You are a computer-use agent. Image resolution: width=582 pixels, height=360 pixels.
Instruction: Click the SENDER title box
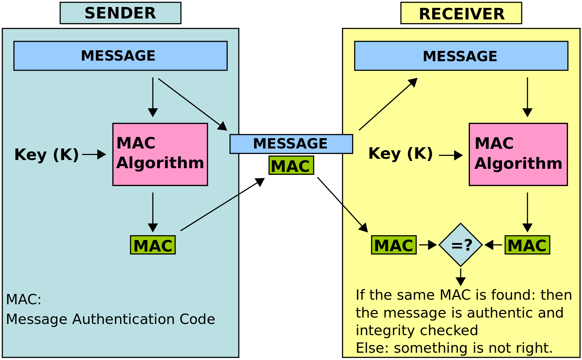[x=120, y=13]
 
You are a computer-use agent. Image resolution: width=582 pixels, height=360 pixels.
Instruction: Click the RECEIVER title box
[x=461, y=13]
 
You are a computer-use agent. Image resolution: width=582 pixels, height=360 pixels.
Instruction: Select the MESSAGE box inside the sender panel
[x=120, y=56]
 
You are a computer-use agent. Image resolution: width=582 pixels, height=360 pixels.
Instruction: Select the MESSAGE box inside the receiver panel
[x=461, y=56]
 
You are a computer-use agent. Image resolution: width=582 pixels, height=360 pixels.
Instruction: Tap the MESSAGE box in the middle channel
[x=291, y=144]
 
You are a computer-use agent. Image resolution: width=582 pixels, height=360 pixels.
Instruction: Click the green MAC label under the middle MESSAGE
[x=291, y=165]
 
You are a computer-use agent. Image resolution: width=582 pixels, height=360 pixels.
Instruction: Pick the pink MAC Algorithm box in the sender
[x=160, y=154]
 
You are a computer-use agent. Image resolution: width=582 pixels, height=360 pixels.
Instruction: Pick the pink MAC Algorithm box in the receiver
[x=518, y=154]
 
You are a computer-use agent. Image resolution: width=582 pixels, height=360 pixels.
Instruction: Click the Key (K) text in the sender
[x=46, y=155]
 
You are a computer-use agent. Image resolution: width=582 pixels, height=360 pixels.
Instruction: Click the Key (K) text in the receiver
[x=400, y=153]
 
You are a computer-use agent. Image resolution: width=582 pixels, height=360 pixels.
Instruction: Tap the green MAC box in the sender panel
[x=153, y=245]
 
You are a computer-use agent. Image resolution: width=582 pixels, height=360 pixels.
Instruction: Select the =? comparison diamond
[x=460, y=245]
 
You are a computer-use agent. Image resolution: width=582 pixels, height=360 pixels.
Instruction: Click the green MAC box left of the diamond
[x=394, y=245]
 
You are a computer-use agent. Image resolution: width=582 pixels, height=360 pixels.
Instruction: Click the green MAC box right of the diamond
[x=527, y=245]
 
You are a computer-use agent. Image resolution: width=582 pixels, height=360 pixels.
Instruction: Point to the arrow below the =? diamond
[x=460, y=277]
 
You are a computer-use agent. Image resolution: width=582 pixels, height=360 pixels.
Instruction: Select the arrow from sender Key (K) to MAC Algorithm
[x=94, y=154]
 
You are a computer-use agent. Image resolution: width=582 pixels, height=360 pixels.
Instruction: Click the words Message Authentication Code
[x=110, y=319]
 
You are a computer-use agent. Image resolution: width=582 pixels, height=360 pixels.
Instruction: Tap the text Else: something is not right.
[x=454, y=348]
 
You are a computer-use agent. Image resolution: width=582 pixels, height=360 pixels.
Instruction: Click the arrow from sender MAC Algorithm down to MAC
[x=153, y=212]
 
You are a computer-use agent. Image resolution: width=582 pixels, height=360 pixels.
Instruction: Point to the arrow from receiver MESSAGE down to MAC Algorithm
[x=527, y=97]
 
